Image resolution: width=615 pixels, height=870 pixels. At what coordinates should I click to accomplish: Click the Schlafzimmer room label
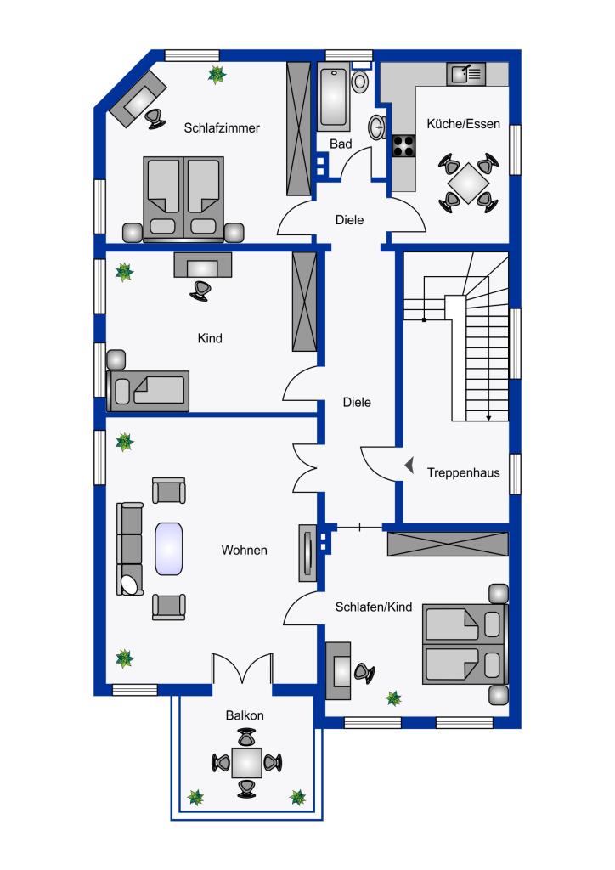click(x=221, y=128)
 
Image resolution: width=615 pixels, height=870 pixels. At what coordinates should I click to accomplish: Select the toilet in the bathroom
click(x=362, y=81)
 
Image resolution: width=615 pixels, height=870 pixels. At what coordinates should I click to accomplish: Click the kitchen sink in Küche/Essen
click(x=465, y=75)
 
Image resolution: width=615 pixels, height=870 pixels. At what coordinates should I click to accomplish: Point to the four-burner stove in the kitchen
click(x=403, y=147)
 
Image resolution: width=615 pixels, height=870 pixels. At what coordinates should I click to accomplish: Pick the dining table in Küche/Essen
click(x=468, y=181)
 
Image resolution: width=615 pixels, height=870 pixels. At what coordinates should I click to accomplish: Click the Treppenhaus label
click(x=463, y=473)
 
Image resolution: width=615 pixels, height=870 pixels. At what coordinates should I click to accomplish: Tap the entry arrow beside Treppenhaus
click(x=409, y=466)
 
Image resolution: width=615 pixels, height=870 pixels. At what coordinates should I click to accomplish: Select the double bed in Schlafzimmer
click(x=183, y=197)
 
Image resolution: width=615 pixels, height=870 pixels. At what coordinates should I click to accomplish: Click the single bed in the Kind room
click(x=149, y=390)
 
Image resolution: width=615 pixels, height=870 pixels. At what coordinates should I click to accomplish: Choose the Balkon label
click(x=245, y=715)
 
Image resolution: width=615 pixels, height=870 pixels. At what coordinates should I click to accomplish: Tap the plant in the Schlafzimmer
click(x=217, y=75)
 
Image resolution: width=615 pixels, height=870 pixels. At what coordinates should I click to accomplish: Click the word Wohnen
click(x=245, y=551)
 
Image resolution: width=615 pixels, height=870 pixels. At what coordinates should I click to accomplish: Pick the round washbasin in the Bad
click(x=376, y=127)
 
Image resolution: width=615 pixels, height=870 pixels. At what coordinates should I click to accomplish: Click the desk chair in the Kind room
click(x=200, y=289)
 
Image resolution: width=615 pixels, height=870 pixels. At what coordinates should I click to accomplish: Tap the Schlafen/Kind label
click(x=374, y=607)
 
